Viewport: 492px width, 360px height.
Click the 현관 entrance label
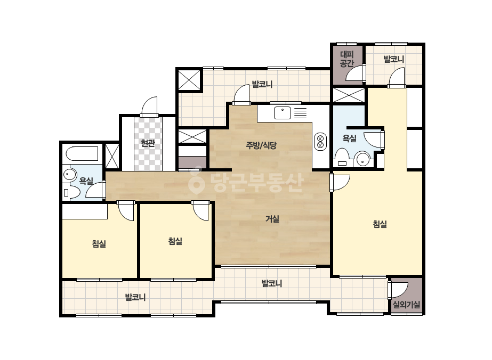(x=148, y=143)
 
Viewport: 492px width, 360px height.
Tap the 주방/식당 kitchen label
(x=261, y=145)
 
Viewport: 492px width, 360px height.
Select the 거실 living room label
(x=272, y=219)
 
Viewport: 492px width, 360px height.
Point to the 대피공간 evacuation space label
(x=346, y=59)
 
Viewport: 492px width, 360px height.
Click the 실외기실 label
(x=406, y=305)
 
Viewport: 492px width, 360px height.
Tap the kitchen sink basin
(x=283, y=113)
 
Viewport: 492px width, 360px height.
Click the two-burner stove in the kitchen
(x=320, y=142)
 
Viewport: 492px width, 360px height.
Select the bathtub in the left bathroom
(x=82, y=154)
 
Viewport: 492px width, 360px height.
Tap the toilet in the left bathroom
(x=72, y=192)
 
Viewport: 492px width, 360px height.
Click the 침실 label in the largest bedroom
(x=380, y=224)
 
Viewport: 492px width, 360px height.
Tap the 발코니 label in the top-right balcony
(x=394, y=59)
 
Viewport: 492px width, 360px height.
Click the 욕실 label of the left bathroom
(x=86, y=181)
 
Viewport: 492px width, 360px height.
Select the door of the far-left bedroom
(x=126, y=211)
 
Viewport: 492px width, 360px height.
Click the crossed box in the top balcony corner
(x=189, y=80)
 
